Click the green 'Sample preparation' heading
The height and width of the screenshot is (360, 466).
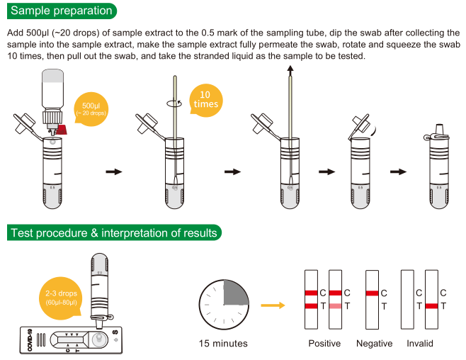pos(62,11)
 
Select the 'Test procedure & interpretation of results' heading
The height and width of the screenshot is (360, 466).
pos(113,232)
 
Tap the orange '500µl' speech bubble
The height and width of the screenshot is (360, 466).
pos(92,108)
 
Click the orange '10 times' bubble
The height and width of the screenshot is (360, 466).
pos(205,99)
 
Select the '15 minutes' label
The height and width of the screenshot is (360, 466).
pos(223,344)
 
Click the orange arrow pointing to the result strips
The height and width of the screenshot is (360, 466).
pos(272,305)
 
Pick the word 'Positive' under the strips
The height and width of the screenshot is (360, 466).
pos(324,344)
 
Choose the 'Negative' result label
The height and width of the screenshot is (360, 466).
pos(375,344)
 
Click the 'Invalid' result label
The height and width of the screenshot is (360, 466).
pos(420,344)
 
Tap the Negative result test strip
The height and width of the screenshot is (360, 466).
pos(371,299)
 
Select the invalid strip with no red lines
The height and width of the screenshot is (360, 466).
pos(407,299)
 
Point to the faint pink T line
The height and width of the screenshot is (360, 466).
pos(335,306)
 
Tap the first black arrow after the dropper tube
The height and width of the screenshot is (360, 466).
pos(114,171)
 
